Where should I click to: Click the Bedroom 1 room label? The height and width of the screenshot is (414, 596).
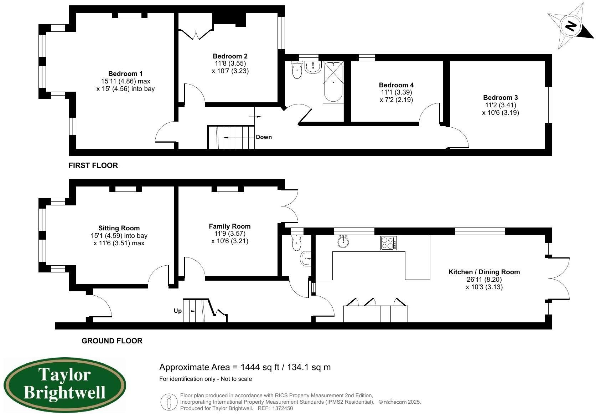pos(125,74)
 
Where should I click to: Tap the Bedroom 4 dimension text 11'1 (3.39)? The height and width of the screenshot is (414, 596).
pos(396,92)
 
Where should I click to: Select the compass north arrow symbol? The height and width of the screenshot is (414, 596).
pos(571,26)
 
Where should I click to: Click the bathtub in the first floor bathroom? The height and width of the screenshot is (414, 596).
pos(333,82)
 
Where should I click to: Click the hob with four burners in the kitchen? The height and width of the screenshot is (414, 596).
pos(388,243)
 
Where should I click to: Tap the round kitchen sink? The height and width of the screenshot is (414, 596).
pos(343,241)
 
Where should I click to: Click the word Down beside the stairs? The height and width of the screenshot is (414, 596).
pos(264,137)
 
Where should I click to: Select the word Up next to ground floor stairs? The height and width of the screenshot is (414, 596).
pos(178,311)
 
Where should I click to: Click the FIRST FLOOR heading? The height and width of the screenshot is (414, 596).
pos(93,165)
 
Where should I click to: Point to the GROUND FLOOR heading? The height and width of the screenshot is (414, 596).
pos(112,341)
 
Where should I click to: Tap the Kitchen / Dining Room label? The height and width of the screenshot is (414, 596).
pos(484,272)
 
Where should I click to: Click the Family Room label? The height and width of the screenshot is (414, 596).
pos(229,226)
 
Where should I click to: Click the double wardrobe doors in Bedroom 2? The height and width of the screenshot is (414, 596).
pos(196,34)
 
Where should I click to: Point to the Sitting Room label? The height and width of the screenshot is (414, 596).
pos(119,228)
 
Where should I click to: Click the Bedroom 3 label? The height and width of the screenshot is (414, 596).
pos(500,98)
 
